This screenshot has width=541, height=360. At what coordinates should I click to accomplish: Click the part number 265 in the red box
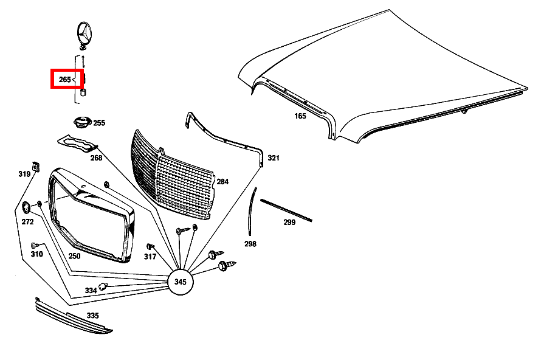[x=64, y=80]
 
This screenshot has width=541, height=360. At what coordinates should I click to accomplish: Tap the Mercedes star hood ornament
[x=85, y=34]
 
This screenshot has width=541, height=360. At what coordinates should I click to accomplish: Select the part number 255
[x=98, y=123]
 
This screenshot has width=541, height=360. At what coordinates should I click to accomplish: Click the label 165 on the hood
[x=300, y=116]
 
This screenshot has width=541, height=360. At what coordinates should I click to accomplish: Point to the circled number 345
[x=180, y=282]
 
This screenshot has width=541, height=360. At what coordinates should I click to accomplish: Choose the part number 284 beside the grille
[x=222, y=181]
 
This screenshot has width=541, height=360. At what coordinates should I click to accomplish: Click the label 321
[x=274, y=158]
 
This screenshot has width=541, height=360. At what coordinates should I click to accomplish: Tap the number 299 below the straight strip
[x=289, y=223]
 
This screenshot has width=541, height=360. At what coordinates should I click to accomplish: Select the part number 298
[x=250, y=244]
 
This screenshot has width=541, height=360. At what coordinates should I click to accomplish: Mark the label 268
[x=96, y=158]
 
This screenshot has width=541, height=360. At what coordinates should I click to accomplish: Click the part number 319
[x=24, y=175]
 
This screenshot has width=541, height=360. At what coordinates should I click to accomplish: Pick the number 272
[x=27, y=222]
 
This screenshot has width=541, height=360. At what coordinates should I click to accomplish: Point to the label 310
[x=36, y=254]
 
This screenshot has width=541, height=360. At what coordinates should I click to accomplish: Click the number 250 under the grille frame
[x=74, y=256]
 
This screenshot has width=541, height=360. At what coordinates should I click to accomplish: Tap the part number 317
[x=150, y=256]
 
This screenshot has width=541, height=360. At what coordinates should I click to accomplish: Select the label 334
[x=91, y=291]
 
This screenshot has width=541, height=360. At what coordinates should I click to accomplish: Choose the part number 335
[x=92, y=316]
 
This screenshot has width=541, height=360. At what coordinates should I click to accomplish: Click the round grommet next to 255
[x=80, y=122]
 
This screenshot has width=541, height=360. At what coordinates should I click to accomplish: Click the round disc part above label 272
[x=27, y=207]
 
